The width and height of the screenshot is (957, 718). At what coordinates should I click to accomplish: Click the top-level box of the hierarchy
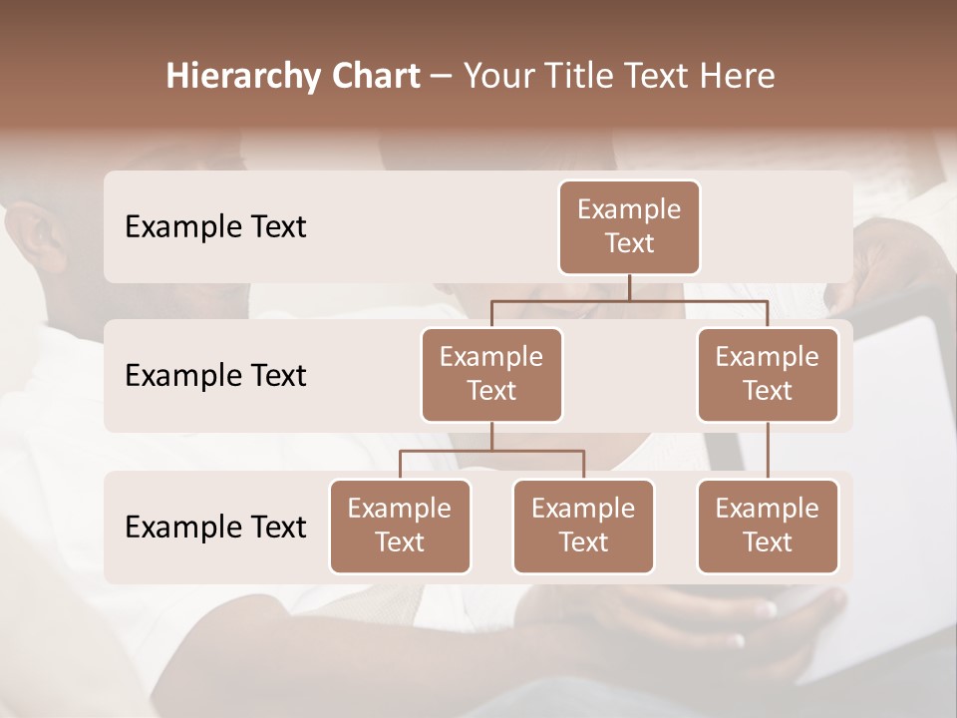[x=629, y=227]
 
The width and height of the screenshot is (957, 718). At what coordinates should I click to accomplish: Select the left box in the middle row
[x=491, y=375]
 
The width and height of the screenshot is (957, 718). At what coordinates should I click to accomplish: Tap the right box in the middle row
[x=768, y=375]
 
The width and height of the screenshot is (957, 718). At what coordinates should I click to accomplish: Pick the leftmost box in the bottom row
[x=400, y=527]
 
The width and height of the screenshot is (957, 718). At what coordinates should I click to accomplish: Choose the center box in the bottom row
[x=583, y=527]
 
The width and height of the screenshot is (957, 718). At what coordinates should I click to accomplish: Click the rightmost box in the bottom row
[x=768, y=527]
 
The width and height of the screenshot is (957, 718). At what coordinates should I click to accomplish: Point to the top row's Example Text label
[x=215, y=227]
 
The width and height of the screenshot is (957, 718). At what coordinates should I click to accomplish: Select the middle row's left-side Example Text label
[x=215, y=376]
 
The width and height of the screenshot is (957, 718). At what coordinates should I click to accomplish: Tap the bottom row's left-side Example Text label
[x=215, y=528]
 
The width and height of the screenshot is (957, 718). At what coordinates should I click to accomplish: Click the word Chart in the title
[x=372, y=76]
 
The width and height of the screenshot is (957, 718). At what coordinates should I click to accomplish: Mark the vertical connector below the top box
[x=629, y=287]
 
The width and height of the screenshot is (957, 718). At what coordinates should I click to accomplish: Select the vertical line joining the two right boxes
[x=768, y=451]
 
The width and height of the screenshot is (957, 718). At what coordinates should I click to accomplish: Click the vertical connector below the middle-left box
[x=491, y=436]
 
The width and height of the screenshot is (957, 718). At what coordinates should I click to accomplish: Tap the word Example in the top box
[x=629, y=210]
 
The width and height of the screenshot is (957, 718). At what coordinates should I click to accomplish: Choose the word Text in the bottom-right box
[x=768, y=542]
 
